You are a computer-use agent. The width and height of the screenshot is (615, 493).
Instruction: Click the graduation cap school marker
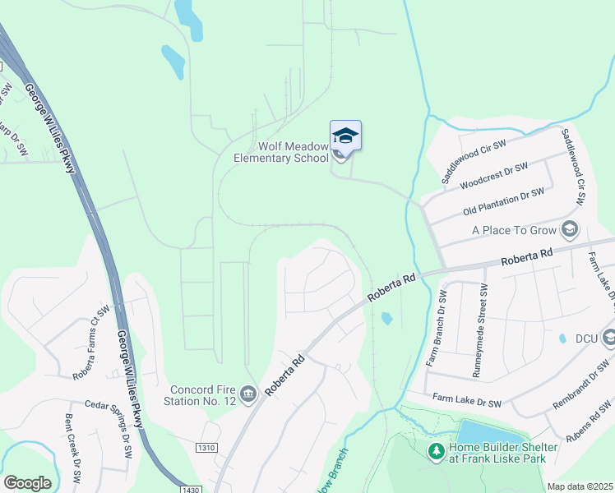345,136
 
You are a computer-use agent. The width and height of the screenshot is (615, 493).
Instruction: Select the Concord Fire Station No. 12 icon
249,395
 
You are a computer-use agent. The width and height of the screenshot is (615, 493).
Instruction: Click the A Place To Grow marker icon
570,230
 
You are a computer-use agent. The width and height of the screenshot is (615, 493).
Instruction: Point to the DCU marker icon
609,338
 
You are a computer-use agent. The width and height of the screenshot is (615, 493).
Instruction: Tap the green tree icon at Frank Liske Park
436,451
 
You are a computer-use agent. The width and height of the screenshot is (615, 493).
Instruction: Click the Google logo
28,482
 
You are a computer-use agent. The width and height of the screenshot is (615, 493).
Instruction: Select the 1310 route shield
208,447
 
